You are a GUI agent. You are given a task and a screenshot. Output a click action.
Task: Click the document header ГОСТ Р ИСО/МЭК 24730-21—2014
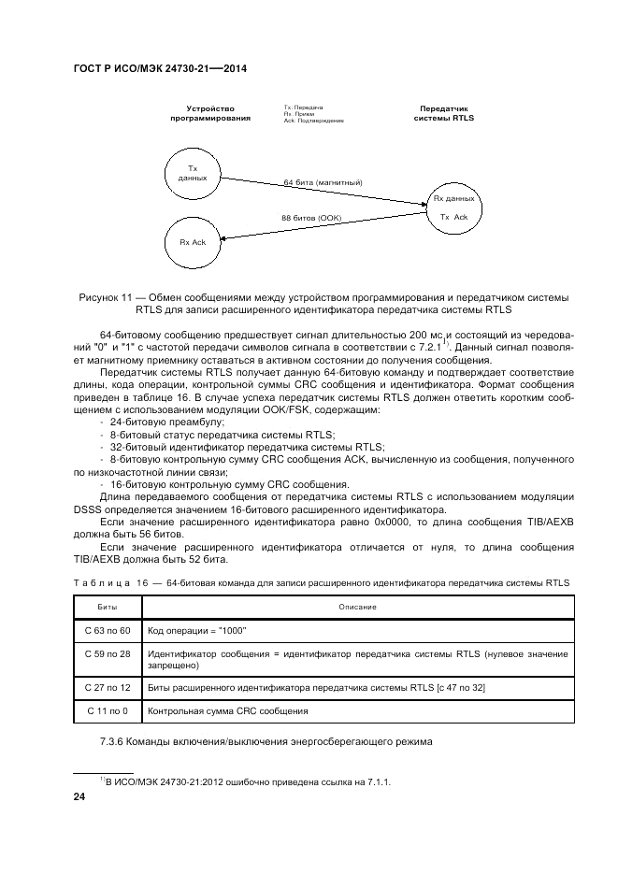click(x=158, y=69)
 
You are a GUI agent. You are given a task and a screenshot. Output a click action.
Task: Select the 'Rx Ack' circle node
click(x=193, y=242)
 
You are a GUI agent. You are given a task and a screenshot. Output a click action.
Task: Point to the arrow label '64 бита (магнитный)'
click(x=323, y=181)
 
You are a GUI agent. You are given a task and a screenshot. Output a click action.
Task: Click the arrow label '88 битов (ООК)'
click(x=312, y=218)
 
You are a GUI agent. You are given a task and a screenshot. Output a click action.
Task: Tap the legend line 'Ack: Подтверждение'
click(x=313, y=122)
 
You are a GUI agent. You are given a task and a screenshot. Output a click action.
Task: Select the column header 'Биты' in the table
click(x=108, y=607)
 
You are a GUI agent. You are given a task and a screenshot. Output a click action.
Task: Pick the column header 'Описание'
click(x=357, y=607)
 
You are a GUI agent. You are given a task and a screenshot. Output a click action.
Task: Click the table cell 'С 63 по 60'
click(x=108, y=631)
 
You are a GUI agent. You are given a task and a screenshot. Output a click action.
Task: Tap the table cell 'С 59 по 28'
click(x=108, y=653)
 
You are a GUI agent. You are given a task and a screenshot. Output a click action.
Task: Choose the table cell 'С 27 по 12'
click(x=108, y=688)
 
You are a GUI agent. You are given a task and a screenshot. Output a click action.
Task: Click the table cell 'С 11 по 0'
click(x=108, y=711)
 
